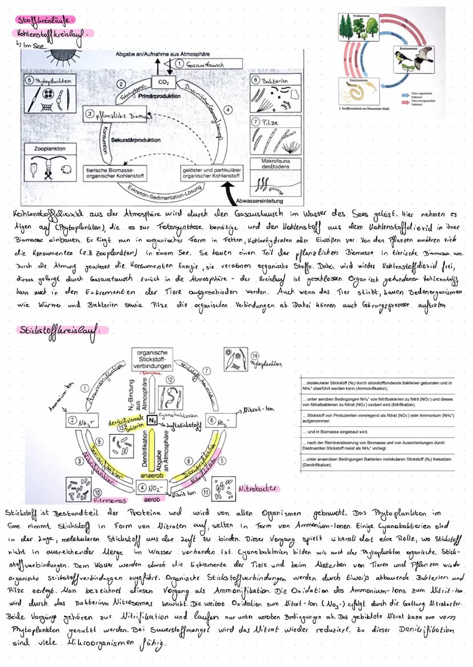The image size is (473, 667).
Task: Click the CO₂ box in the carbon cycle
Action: point(163,83)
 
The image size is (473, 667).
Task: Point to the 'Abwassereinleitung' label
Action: point(260,201)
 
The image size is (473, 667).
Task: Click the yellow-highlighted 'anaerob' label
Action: point(151,474)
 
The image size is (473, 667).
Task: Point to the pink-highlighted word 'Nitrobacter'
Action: point(258,488)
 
